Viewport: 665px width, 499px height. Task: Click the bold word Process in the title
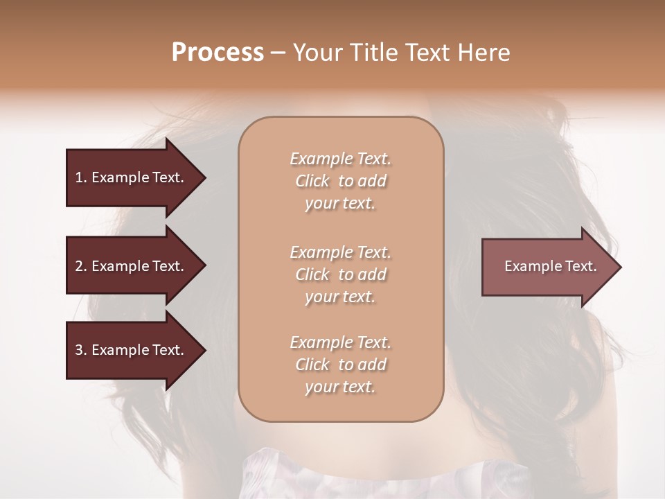click(x=218, y=53)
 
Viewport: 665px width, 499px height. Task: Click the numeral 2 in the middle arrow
click(x=79, y=266)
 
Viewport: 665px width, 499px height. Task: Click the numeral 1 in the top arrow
click(x=79, y=177)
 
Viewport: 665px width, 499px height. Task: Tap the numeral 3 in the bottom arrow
click(x=79, y=350)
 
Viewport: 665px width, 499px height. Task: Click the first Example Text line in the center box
click(x=340, y=159)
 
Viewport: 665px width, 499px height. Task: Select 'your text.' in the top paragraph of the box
click(x=340, y=203)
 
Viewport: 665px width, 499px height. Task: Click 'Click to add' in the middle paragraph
click(x=340, y=274)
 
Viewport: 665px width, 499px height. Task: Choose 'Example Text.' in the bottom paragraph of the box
click(x=340, y=342)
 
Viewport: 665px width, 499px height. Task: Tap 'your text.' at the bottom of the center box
click(x=340, y=387)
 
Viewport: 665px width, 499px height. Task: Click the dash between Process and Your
click(x=278, y=53)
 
